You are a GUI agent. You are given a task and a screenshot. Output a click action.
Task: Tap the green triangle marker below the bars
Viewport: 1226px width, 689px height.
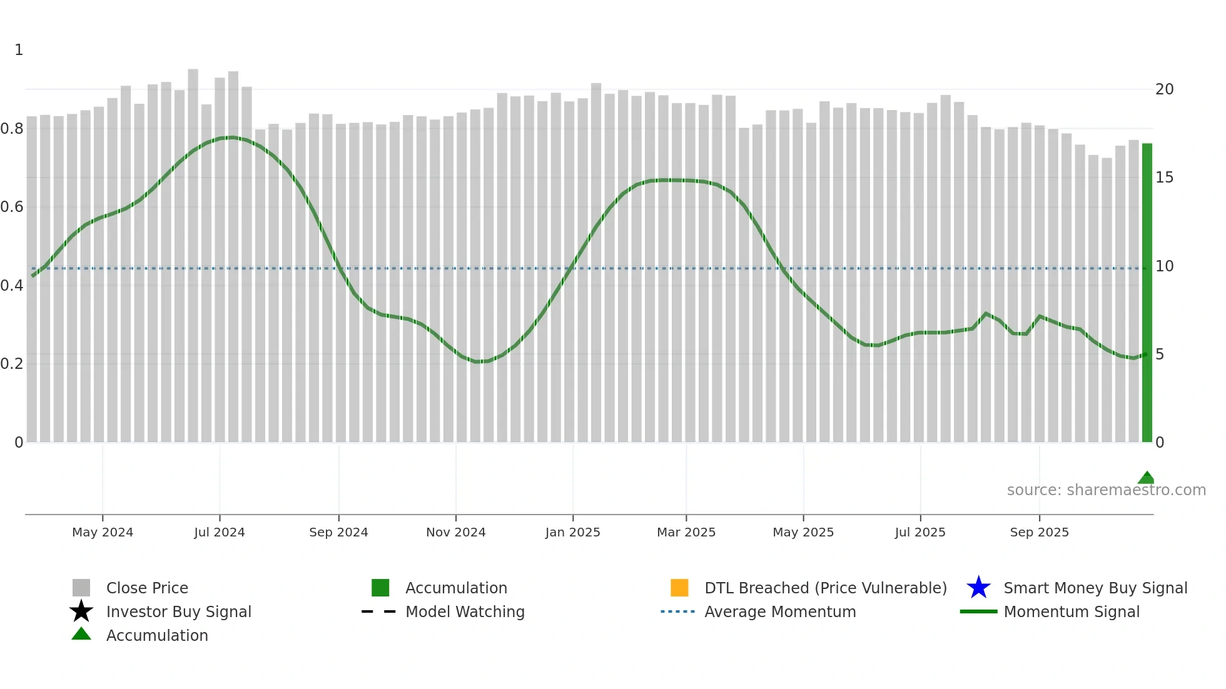tap(1146, 478)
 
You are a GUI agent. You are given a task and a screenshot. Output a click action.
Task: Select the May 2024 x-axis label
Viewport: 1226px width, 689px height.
tap(103, 532)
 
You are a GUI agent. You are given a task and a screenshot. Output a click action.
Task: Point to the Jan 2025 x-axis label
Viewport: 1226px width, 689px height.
tap(572, 532)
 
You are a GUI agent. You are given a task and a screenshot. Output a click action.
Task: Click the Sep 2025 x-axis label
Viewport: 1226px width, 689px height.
tap(1039, 532)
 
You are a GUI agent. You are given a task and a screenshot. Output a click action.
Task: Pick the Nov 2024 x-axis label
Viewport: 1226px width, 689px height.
tap(456, 532)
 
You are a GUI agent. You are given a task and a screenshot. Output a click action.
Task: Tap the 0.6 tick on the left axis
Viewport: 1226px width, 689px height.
tap(12, 207)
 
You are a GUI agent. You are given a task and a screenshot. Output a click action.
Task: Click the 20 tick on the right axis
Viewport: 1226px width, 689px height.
tap(1164, 89)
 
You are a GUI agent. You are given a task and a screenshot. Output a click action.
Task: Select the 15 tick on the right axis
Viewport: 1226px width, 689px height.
tap(1164, 178)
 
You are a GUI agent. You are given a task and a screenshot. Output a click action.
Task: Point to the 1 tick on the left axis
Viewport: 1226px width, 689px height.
tap(19, 50)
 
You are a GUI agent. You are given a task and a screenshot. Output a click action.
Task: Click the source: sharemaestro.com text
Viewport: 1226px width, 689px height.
tap(1106, 490)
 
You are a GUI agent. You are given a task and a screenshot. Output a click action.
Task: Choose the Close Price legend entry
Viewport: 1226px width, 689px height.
tap(147, 588)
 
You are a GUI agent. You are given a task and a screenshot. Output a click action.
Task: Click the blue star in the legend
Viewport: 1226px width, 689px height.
tap(978, 588)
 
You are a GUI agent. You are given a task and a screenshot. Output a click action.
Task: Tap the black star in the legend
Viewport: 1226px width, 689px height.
tap(81, 611)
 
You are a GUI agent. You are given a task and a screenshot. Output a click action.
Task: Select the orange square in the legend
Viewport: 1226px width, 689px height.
tap(679, 588)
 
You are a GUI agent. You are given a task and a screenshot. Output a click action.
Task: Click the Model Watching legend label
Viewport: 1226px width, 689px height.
tap(465, 612)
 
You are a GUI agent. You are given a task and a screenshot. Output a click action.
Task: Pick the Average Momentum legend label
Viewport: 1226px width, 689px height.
tap(780, 612)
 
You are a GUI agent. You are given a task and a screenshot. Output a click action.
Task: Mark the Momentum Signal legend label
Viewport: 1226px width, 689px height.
tap(1071, 612)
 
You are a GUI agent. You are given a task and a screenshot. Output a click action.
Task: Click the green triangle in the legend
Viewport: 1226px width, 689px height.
tap(81, 634)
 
